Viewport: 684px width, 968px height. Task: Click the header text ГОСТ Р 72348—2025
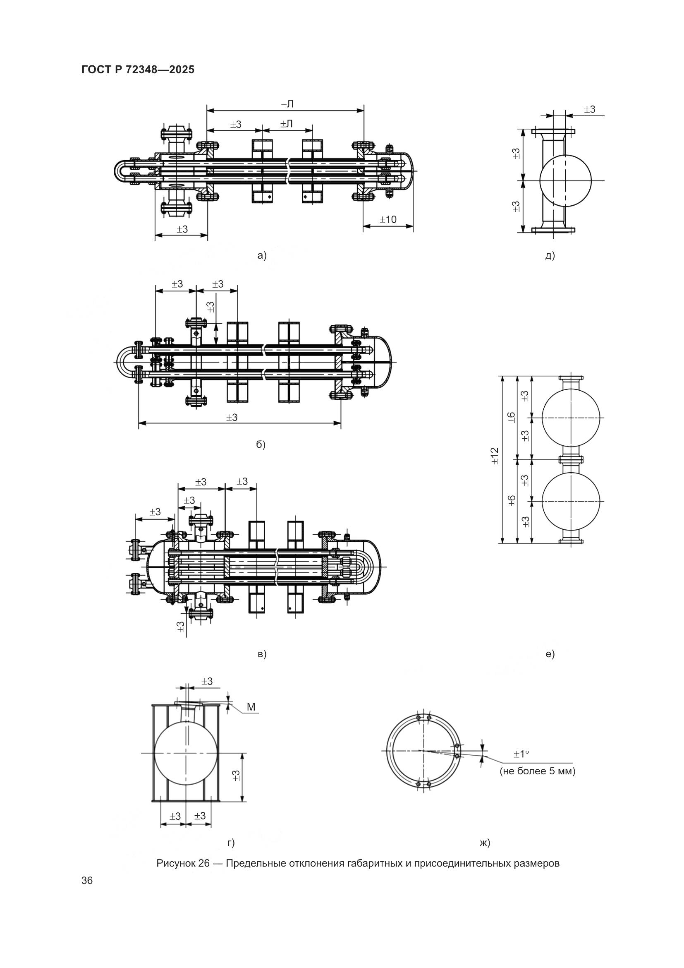[138, 70]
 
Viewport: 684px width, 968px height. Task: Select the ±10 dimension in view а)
[387, 219]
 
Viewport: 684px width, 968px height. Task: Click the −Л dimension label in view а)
[287, 104]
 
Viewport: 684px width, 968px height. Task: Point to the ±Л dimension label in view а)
[287, 124]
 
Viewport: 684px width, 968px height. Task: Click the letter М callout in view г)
[251, 707]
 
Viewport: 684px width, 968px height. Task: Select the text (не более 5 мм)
[538, 771]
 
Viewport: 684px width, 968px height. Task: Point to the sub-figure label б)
[261, 445]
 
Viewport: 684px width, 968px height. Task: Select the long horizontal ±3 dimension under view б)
[232, 418]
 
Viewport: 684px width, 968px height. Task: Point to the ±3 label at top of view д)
[590, 110]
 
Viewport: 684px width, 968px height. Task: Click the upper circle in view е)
[571, 417]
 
